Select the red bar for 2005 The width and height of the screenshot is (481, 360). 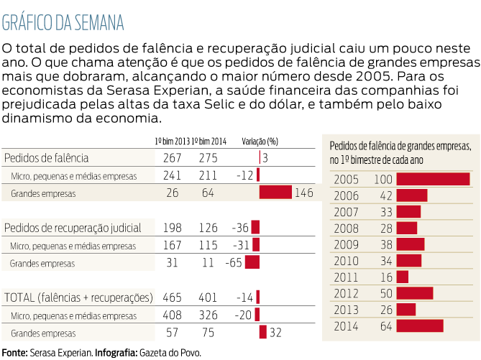(433, 179)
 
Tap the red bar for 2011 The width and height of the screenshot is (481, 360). (403, 277)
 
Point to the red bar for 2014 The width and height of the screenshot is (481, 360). (420, 326)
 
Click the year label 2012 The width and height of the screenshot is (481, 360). (347, 293)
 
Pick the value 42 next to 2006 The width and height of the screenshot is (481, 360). (385, 195)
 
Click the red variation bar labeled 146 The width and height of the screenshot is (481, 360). (275, 192)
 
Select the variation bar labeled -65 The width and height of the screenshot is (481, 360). (252, 262)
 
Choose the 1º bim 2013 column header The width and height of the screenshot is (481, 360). (172, 141)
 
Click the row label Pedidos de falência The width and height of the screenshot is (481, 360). (47, 158)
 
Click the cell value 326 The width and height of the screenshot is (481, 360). (208, 315)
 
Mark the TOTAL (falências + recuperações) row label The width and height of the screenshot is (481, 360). (78, 297)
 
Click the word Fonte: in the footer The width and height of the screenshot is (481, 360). (15, 352)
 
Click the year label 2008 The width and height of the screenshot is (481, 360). (347, 228)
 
